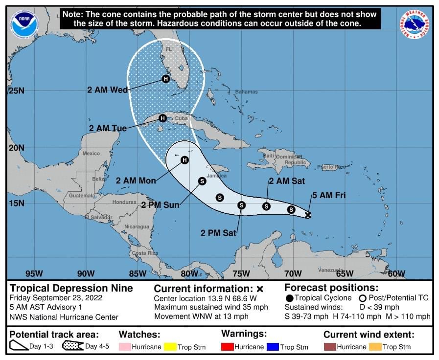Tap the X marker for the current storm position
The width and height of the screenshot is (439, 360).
click(x=308, y=215)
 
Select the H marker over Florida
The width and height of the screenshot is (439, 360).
click(x=165, y=79)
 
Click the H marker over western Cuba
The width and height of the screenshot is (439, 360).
click(x=162, y=118)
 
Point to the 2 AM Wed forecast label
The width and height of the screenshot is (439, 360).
click(x=107, y=90)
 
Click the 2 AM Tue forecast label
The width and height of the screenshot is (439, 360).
click(x=108, y=128)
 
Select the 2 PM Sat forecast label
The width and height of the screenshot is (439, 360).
click(x=218, y=233)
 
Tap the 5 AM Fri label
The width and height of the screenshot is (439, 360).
click(x=329, y=195)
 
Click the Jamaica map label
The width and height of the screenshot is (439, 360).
click(x=217, y=176)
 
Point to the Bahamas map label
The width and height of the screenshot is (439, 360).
click(x=246, y=92)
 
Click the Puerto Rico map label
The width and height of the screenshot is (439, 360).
click(x=331, y=167)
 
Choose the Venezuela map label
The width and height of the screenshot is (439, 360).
click(x=331, y=270)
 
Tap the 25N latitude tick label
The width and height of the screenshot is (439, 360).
click(x=16, y=90)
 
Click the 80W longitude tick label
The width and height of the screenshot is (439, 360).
click(x=189, y=273)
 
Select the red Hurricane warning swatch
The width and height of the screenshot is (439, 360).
click(x=228, y=347)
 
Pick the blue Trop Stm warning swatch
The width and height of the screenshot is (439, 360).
click(x=273, y=347)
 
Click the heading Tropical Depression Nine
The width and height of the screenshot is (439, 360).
click(x=71, y=288)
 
